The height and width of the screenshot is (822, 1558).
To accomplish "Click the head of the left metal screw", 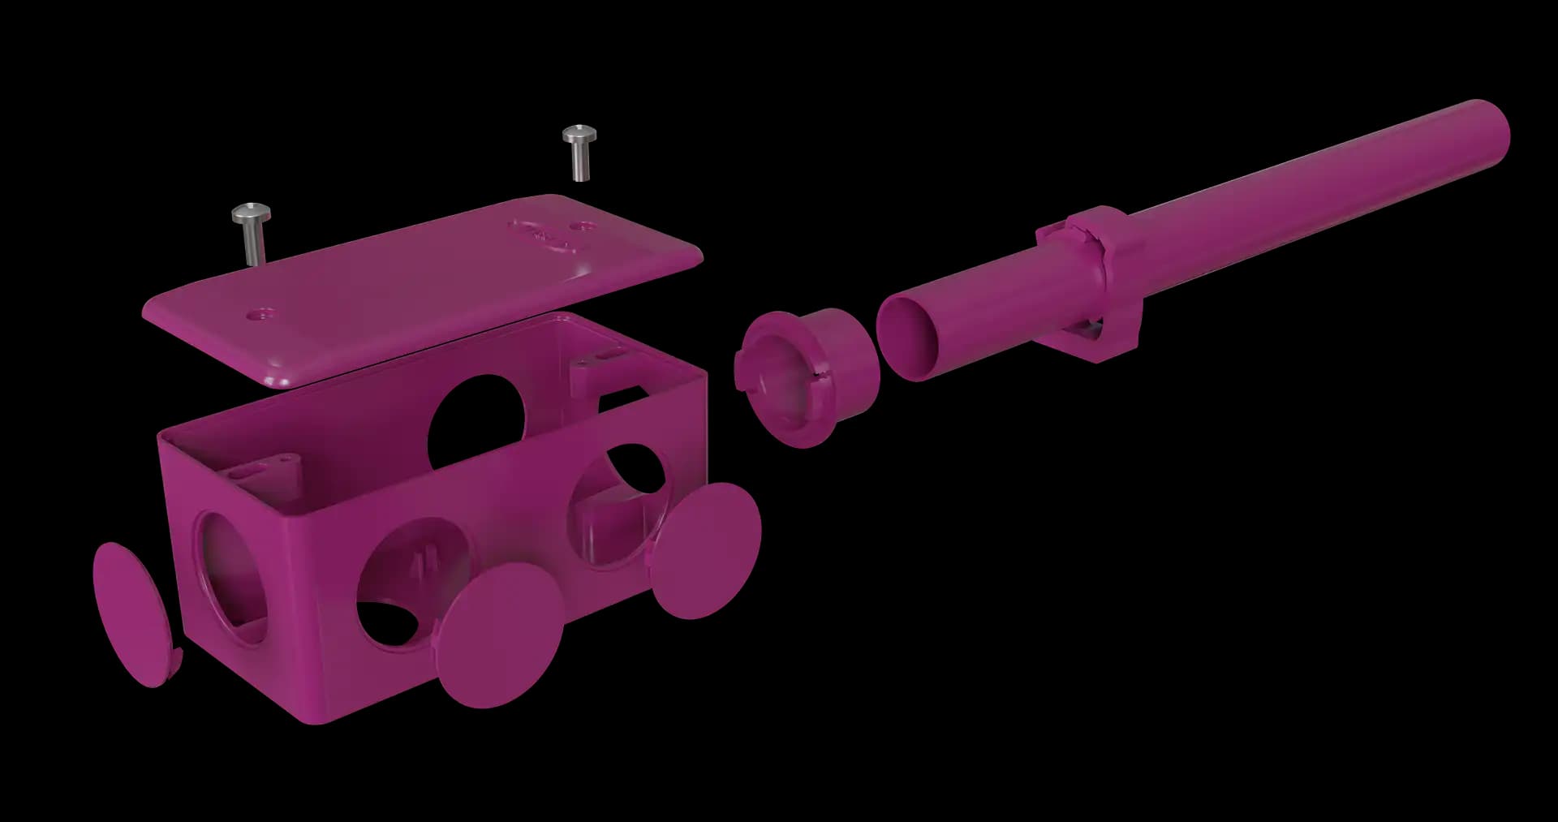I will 251,214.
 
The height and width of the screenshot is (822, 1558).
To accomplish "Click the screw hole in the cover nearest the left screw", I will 262,312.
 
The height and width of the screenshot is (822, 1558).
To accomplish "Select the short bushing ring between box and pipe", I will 807,377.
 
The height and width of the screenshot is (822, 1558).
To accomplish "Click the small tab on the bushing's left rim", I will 739,370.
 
